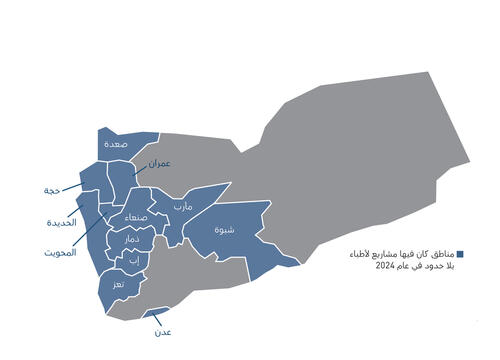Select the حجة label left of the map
(x=51, y=190)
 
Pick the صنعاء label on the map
(x=138, y=217)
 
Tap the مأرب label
(x=183, y=207)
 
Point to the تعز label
(x=119, y=285)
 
